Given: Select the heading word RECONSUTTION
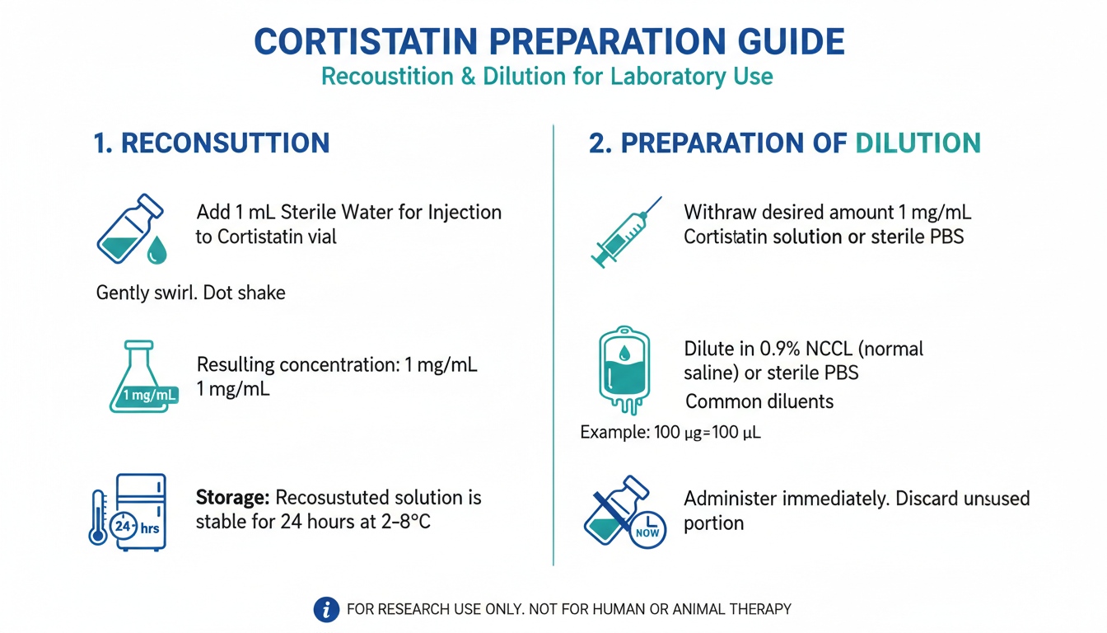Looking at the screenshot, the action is point(226,143).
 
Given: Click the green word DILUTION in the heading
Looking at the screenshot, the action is point(918,143).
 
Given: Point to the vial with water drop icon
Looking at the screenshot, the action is point(132,229).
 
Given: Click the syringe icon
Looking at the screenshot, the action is point(626,232).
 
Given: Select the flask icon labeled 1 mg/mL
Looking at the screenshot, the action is point(143,377).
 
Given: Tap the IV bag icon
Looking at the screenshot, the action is point(624,370).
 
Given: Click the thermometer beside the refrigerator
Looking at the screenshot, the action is point(98,518).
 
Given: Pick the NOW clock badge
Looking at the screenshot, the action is point(648,530).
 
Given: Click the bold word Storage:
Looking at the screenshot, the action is point(232,498).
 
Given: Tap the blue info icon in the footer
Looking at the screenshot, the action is point(326,609).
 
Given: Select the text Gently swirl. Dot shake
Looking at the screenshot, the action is point(191,293).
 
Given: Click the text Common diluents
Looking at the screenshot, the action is point(759,401).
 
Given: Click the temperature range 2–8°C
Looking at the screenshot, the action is point(406,522).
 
